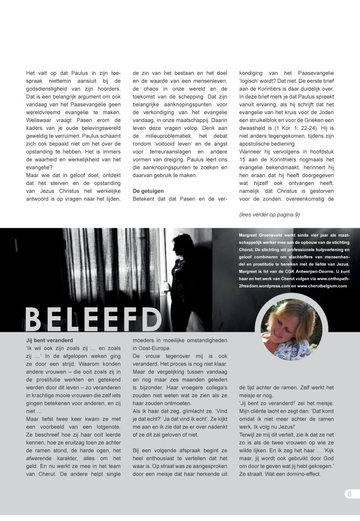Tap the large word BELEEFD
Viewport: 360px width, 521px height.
coord(93,319)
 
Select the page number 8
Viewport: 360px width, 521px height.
coord(349,494)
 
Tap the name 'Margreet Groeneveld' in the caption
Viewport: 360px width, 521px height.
coord(256,235)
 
